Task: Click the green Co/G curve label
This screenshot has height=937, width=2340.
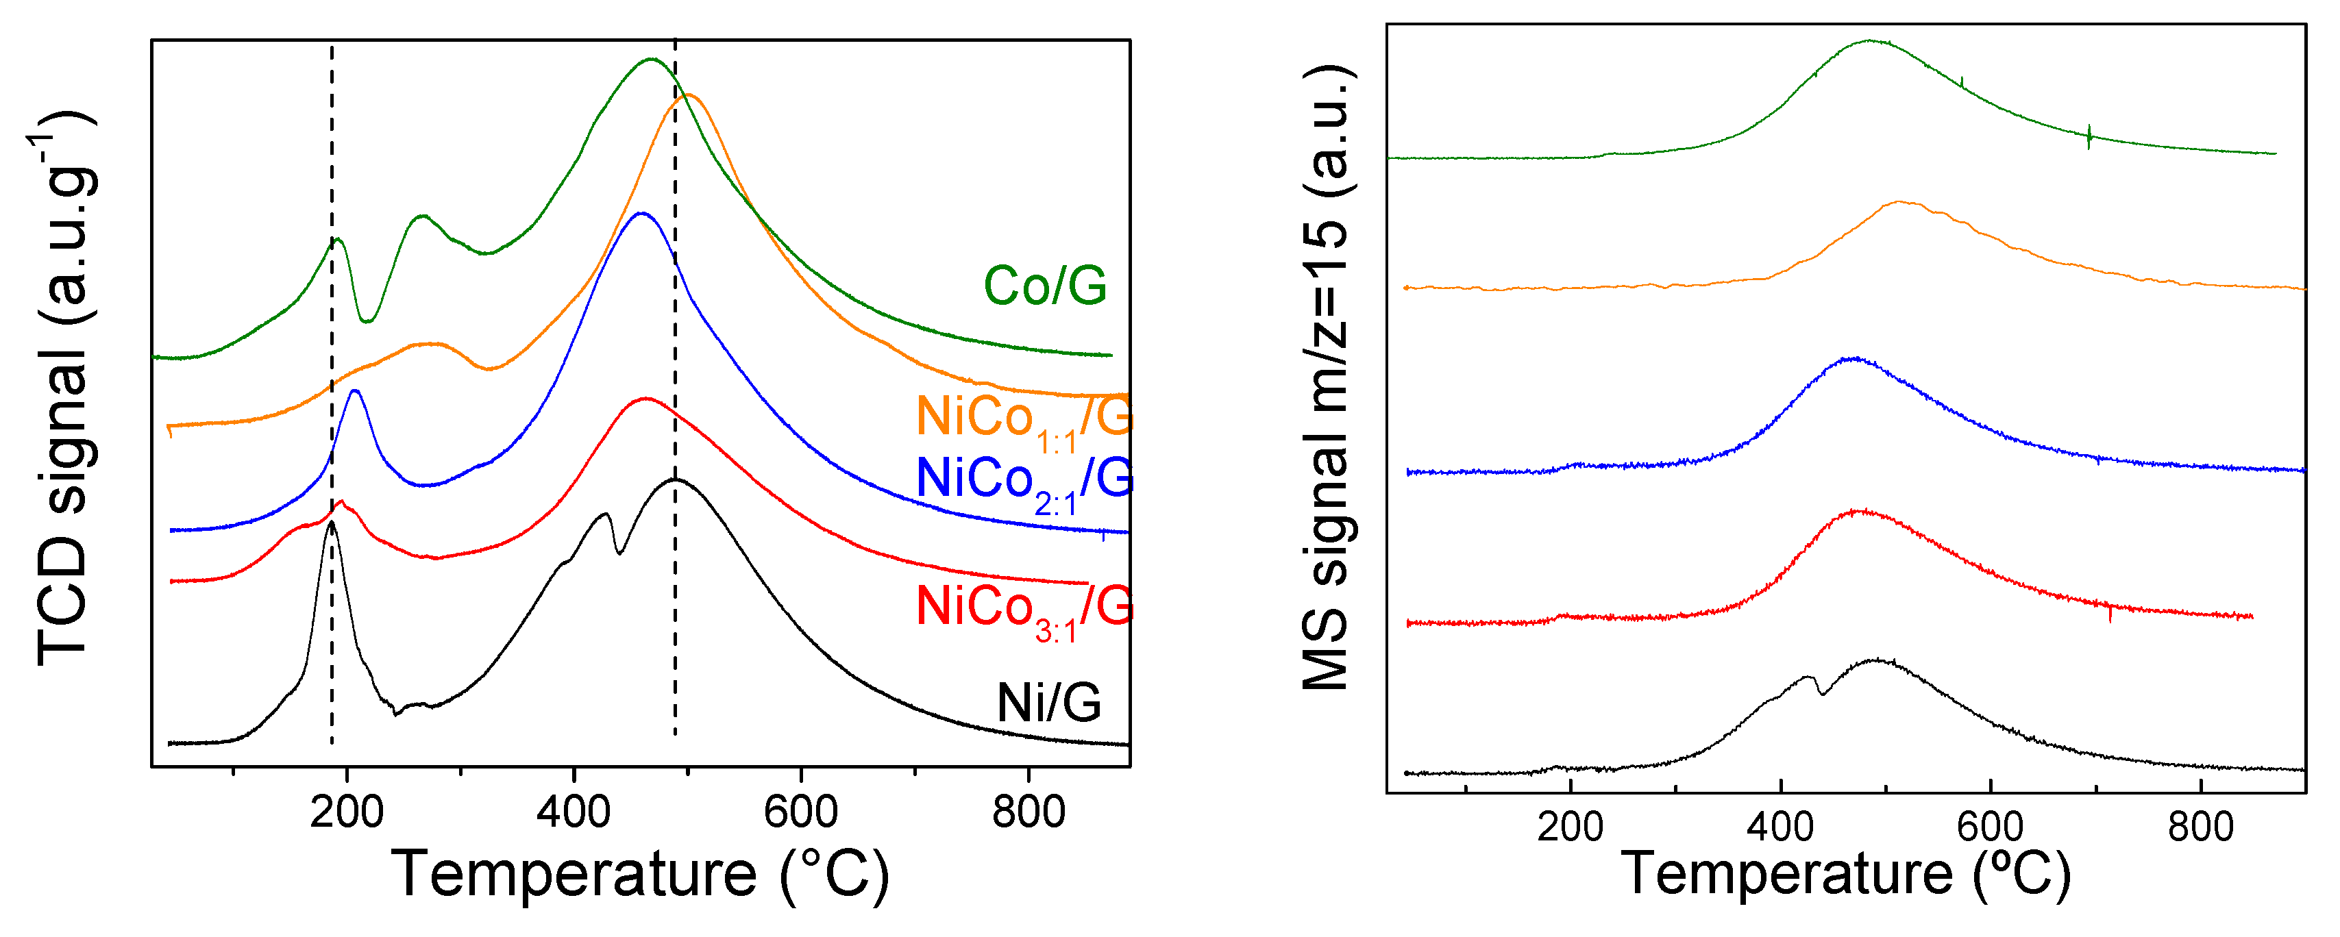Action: pyautogui.click(x=1045, y=286)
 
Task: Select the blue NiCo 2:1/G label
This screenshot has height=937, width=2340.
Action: pyautogui.click(x=1024, y=482)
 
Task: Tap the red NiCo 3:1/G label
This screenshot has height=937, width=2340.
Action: pyautogui.click(x=1024, y=609)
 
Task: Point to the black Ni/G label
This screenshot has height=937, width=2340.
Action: pyautogui.click(x=1048, y=703)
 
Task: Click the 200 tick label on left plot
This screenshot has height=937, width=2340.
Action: pyautogui.click(x=346, y=811)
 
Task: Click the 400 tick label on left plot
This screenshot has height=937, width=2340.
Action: pyautogui.click(x=574, y=811)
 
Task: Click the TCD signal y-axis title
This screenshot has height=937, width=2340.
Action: pyautogui.click(x=64, y=390)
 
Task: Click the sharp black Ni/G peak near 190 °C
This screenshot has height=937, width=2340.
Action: pyautogui.click(x=332, y=523)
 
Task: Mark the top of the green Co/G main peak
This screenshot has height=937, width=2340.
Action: pyautogui.click(x=650, y=60)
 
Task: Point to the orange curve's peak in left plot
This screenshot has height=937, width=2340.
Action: pyautogui.click(x=688, y=95)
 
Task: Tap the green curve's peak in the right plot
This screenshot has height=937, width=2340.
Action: pyautogui.click(x=1869, y=41)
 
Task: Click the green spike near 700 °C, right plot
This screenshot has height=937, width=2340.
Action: pyautogui.click(x=2089, y=136)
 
